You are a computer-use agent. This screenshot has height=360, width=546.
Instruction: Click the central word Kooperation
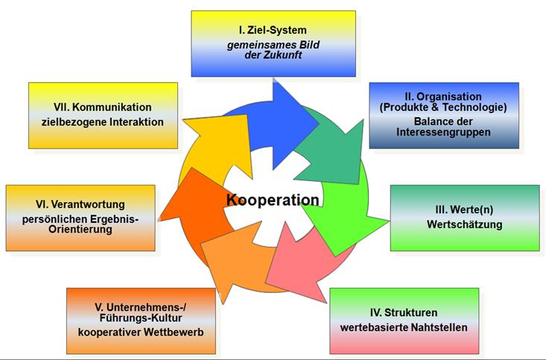click(273, 200)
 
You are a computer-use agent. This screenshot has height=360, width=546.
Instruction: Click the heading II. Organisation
click(444, 97)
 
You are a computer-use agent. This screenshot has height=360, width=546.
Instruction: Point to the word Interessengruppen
click(444, 133)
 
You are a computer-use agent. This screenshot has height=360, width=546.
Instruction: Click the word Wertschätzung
click(464, 224)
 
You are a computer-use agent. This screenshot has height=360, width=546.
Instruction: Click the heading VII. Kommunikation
click(102, 107)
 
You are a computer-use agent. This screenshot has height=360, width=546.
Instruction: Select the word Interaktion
click(132, 121)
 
